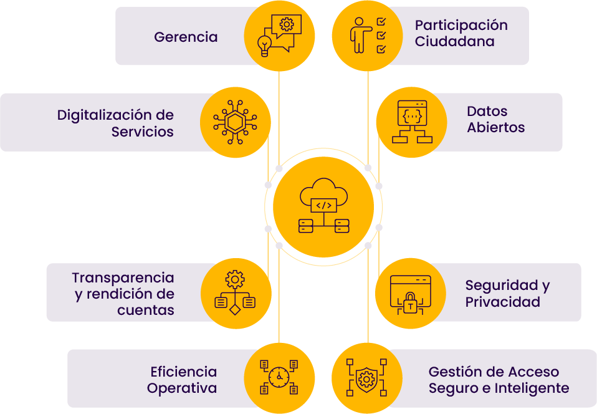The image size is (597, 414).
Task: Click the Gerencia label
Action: (x=186, y=37)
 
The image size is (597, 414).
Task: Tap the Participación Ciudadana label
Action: (x=461, y=34)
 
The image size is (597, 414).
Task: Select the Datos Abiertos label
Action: (x=495, y=120)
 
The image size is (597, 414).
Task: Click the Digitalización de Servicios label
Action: (x=115, y=123)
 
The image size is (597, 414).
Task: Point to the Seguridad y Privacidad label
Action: (x=507, y=294)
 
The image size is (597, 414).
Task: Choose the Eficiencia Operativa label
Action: (x=183, y=380)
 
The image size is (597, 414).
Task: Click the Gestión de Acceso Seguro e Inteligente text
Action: (x=499, y=380)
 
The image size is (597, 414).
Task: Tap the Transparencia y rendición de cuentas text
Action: (x=123, y=294)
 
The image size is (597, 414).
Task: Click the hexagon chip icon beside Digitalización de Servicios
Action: (x=236, y=122)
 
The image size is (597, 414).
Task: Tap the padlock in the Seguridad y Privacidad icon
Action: (x=411, y=304)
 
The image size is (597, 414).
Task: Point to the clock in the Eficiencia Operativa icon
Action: (x=279, y=377)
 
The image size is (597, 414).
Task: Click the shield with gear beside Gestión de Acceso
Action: (x=366, y=378)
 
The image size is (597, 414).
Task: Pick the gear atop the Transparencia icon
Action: (x=236, y=279)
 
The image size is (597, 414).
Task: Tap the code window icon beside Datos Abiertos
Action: (x=412, y=115)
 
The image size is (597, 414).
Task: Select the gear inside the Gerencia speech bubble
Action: (x=287, y=24)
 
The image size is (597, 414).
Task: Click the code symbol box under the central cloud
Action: (x=323, y=205)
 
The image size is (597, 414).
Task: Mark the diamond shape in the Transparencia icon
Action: (x=236, y=309)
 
